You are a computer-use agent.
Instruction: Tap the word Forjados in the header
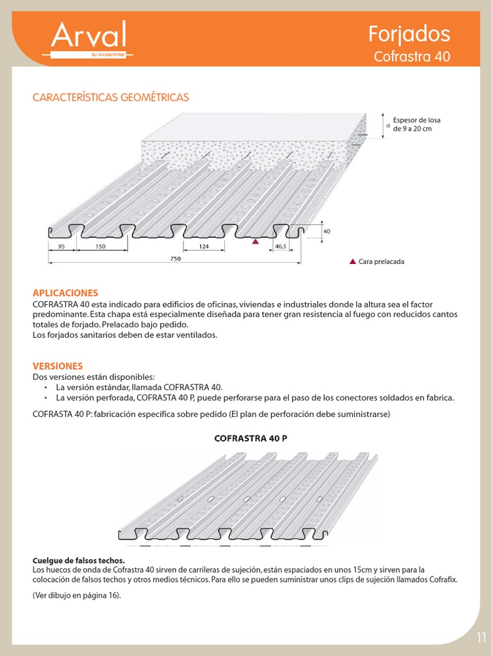[410, 33]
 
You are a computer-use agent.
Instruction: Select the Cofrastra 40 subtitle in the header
[412, 56]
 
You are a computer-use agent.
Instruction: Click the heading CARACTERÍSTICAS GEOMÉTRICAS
[111, 97]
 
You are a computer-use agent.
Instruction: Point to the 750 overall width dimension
[176, 258]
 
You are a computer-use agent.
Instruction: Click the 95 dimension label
[62, 245]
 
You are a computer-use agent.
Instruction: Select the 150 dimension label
[100, 245]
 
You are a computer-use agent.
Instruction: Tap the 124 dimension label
[204, 245]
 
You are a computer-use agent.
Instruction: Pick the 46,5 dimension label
[281, 245]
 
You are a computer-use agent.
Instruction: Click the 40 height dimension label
[327, 231]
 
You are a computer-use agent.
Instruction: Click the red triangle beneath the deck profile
[255, 242]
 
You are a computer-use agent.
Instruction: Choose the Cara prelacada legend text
[382, 262]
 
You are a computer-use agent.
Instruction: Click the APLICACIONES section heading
[65, 292]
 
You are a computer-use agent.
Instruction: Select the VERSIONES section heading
[58, 366]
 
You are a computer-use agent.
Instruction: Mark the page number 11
[482, 637]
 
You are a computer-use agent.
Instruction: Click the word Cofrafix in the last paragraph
[443, 580]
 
